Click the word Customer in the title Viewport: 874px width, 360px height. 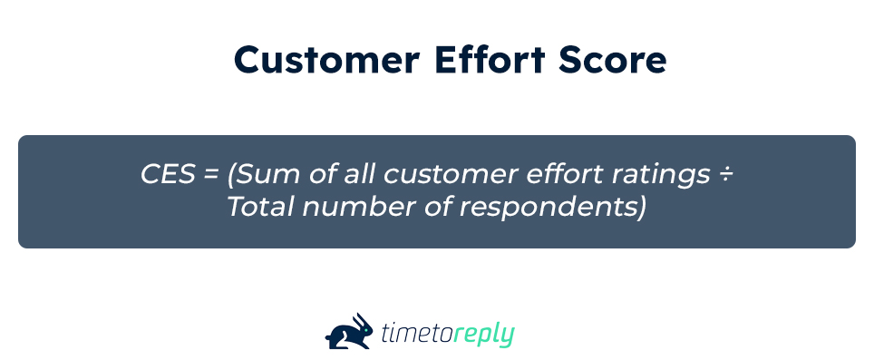point(326,60)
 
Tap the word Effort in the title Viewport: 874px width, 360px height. point(490,59)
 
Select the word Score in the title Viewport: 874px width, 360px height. point(613,60)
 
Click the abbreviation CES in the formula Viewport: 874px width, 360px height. point(168,174)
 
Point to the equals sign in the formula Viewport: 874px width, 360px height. point(210,175)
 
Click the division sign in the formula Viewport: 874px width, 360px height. point(725,175)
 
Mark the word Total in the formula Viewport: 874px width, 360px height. point(260,207)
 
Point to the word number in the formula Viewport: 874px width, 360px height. point(359,207)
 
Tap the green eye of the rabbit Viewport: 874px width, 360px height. point(365,328)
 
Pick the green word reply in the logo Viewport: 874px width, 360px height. point(483,335)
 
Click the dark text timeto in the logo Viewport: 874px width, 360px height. point(417,334)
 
